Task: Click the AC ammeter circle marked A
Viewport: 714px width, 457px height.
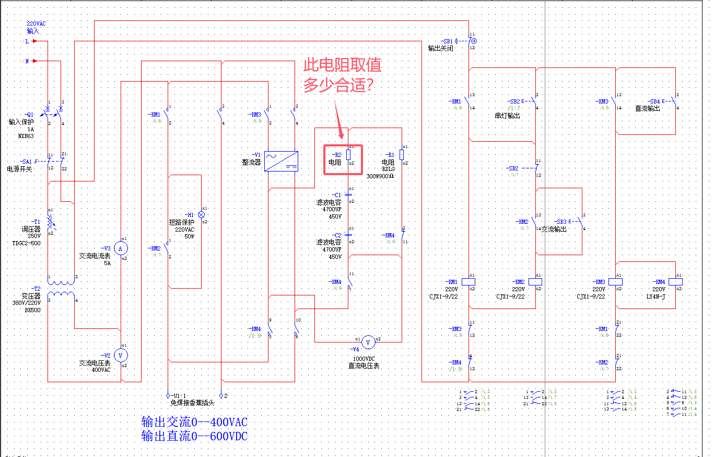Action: pyautogui.click(x=121, y=248)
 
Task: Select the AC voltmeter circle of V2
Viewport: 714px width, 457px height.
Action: pyautogui.click(x=121, y=356)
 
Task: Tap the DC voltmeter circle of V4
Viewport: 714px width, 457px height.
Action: pyautogui.click(x=368, y=342)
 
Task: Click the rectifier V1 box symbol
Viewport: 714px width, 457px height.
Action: pyautogui.click(x=282, y=161)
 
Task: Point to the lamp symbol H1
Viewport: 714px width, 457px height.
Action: pyautogui.click(x=201, y=215)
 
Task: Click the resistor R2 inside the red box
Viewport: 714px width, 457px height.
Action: pyautogui.click(x=348, y=155)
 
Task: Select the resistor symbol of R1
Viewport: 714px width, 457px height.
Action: pyautogui.click(x=402, y=155)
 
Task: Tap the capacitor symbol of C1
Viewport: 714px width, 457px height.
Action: pyautogui.click(x=348, y=195)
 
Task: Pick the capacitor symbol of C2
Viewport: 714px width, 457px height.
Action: pyautogui.click(x=348, y=235)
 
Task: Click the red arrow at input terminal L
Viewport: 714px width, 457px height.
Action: pyautogui.click(x=34, y=40)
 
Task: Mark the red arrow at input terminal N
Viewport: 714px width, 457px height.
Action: pyautogui.click(x=34, y=61)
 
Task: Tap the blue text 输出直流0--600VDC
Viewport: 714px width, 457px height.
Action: pyautogui.click(x=194, y=436)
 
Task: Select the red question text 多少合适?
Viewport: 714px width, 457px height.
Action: pyautogui.click(x=337, y=85)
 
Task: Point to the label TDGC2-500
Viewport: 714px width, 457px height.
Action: pyautogui.click(x=27, y=244)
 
